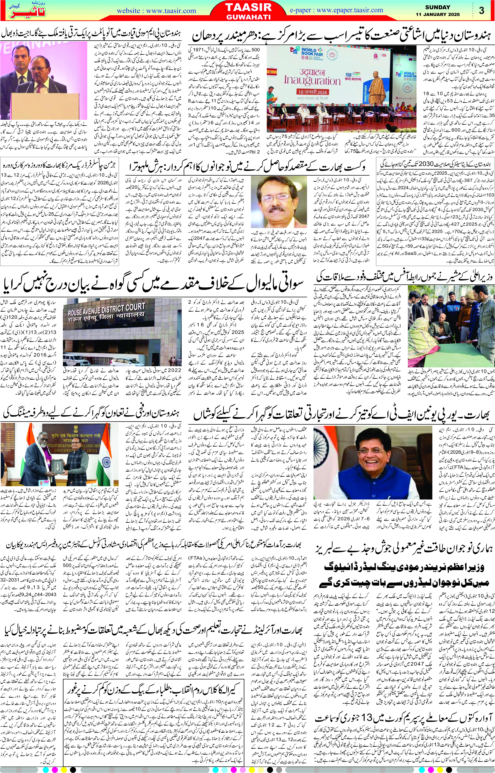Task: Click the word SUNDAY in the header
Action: [x=437, y=7]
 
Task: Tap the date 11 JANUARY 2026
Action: [x=437, y=14]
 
